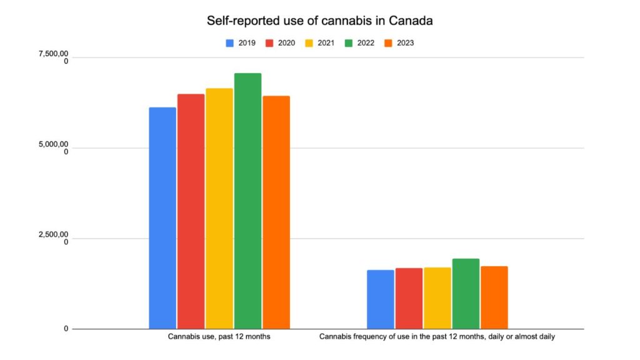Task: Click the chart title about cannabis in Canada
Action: tap(320, 21)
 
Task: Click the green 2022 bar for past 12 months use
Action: tap(247, 201)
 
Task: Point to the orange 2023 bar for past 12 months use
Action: tap(276, 212)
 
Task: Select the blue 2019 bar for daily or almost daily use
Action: tap(380, 299)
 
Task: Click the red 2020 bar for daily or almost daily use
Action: tap(409, 298)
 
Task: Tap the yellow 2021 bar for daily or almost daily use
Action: tap(437, 298)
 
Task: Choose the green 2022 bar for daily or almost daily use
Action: tap(466, 294)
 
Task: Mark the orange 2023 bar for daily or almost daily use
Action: tap(494, 297)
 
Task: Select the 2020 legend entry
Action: tap(281, 43)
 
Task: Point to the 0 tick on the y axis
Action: tap(66, 329)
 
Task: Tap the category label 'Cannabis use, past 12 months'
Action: tap(219, 337)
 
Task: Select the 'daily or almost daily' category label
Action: tap(437, 337)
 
